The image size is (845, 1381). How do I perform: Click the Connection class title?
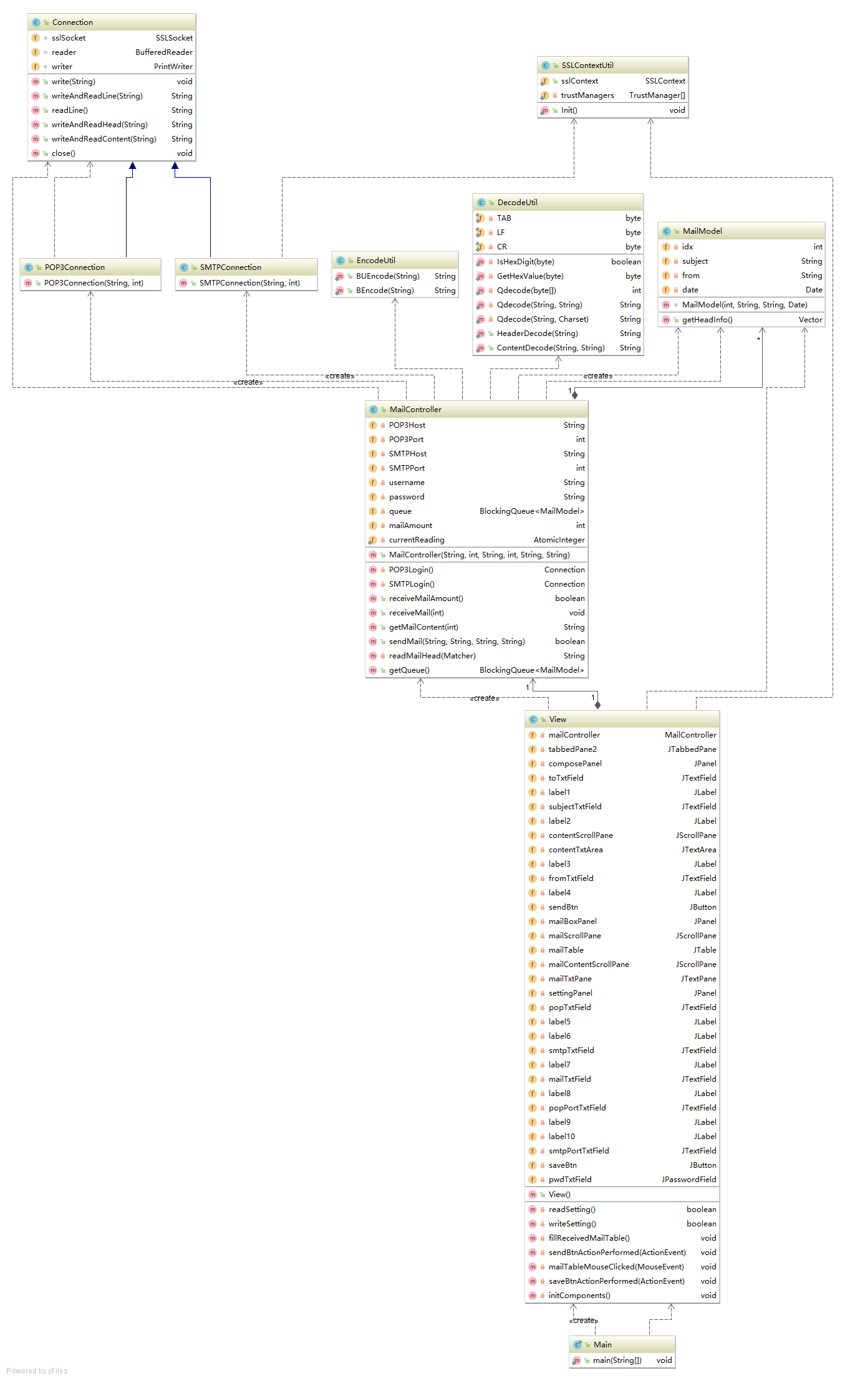click(x=72, y=22)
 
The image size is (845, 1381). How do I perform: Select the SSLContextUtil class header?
click(x=587, y=65)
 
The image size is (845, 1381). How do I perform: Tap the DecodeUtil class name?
click(x=517, y=203)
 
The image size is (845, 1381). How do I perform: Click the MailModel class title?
click(x=702, y=231)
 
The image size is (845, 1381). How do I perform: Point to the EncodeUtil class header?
click(x=375, y=261)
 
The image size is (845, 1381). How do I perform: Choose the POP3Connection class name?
click(x=74, y=267)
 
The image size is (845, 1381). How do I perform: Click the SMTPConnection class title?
click(x=230, y=267)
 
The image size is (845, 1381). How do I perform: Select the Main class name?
click(x=602, y=1345)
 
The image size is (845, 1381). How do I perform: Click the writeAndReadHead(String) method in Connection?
click(x=99, y=125)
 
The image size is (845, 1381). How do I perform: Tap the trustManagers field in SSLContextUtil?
click(x=587, y=95)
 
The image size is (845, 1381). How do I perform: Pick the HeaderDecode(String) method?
click(x=537, y=334)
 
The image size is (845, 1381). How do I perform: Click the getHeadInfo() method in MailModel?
click(x=707, y=320)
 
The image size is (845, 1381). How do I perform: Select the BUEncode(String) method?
click(x=387, y=276)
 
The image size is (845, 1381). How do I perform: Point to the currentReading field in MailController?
click(x=416, y=540)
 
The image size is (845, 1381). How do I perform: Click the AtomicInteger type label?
click(x=559, y=540)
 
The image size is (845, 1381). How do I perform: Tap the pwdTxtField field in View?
click(x=569, y=1180)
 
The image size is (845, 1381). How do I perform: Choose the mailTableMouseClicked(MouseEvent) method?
click(x=616, y=1267)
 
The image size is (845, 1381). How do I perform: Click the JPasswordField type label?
click(x=688, y=1180)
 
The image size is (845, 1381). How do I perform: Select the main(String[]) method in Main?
click(x=617, y=1360)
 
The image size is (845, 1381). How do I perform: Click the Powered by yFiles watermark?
click(x=37, y=1370)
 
